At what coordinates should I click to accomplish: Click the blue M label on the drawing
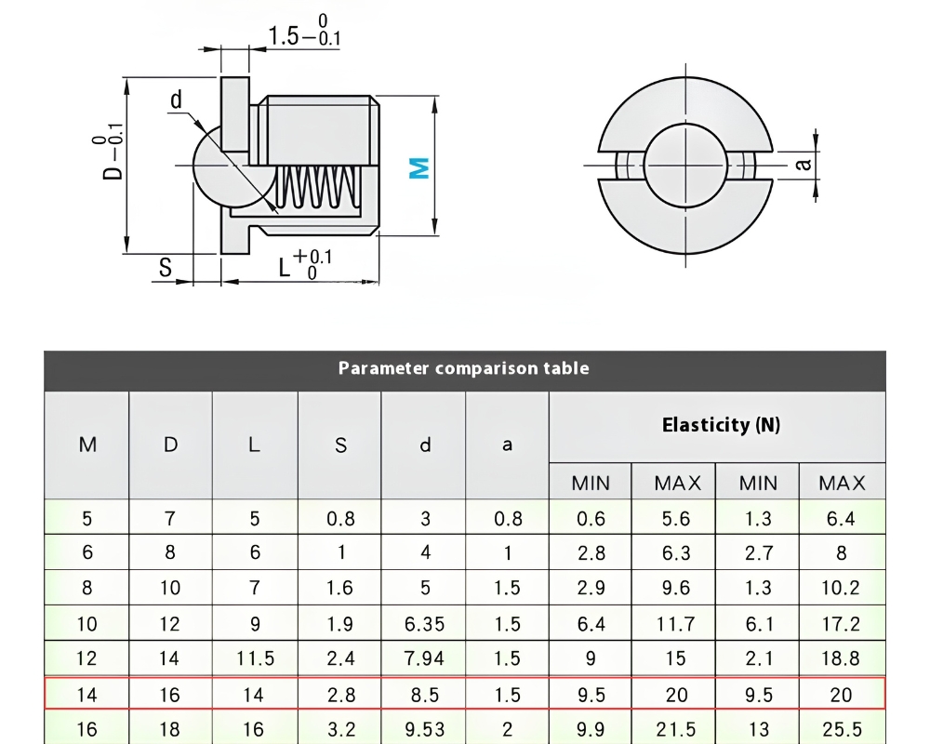tap(419, 168)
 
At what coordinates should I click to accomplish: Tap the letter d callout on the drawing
tap(176, 100)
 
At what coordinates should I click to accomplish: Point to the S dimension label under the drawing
tap(166, 268)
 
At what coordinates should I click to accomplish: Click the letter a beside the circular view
tap(803, 163)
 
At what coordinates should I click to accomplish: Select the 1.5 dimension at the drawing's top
tap(283, 35)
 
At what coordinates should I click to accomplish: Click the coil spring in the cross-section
tap(318, 187)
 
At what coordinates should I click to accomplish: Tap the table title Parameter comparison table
tap(464, 368)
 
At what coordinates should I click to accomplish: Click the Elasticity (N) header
tap(721, 425)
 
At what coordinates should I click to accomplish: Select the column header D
tap(170, 445)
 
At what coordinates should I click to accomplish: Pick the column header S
tap(340, 445)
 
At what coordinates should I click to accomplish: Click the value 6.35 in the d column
tap(425, 624)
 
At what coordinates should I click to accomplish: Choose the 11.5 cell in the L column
tap(255, 658)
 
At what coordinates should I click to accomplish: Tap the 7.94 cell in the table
tap(425, 658)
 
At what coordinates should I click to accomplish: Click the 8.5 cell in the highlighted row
tap(425, 695)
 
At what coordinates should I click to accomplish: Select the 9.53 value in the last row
tap(425, 729)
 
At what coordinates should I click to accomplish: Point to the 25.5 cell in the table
tap(842, 729)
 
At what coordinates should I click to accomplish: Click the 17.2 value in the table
tap(841, 624)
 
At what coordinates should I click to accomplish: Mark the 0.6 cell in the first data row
tap(591, 519)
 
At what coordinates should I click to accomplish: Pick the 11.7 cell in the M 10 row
tap(675, 624)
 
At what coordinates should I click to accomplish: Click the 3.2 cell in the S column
tap(341, 729)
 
